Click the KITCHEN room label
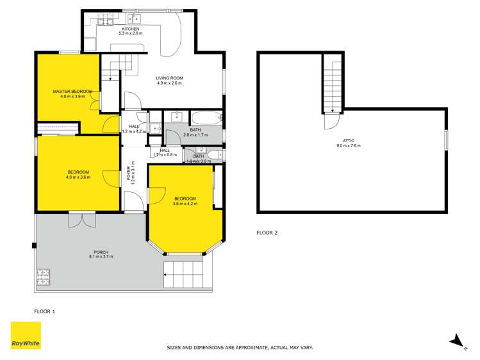coord(130,29)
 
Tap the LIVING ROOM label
coord(169,78)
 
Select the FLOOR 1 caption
coord(44,311)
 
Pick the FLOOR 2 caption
coord(267,233)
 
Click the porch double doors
coord(82,219)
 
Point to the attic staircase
coord(332,83)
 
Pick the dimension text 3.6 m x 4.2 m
coord(185,204)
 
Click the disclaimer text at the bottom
coord(239,348)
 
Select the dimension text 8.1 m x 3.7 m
coord(101,257)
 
